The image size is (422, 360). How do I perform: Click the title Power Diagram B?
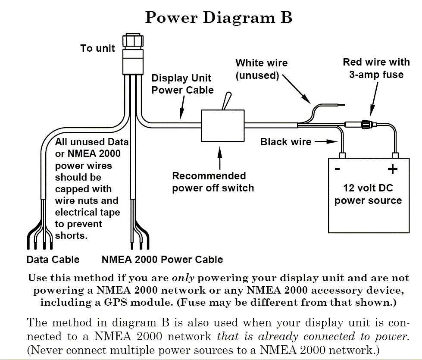(x=219, y=18)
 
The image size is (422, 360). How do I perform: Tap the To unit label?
(x=97, y=48)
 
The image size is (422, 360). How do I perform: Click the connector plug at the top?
(x=133, y=54)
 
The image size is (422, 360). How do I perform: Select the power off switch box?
(x=223, y=125)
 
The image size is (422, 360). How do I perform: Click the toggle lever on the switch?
(x=227, y=101)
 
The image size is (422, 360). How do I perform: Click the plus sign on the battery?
(x=392, y=169)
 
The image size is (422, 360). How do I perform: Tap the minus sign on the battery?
(x=337, y=169)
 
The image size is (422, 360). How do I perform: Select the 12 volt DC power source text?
(x=368, y=194)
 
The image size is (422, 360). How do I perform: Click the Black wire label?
(x=286, y=142)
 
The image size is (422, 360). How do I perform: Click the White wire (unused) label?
(x=262, y=69)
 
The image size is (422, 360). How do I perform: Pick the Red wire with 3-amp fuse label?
(x=376, y=68)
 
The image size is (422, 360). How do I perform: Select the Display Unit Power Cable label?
(x=182, y=84)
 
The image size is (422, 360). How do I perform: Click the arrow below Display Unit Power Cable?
(x=182, y=108)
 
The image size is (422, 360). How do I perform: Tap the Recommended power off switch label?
(x=213, y=182)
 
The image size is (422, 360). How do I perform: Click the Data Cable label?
(x=53, y=260)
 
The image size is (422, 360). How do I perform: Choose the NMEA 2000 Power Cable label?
(x=162, y=260)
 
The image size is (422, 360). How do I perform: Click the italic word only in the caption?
(x=183, y=278)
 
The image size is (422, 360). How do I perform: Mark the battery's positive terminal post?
(x=395, y=155)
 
